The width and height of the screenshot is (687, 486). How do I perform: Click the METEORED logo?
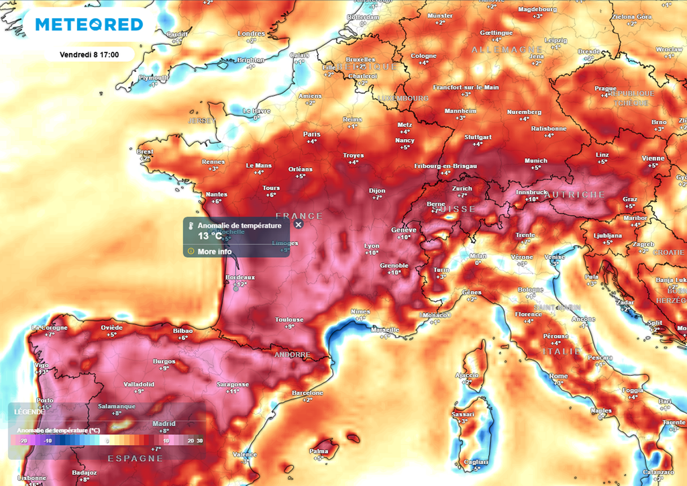click(89, 25)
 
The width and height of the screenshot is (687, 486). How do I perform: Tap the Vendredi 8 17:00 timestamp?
click(89, 54)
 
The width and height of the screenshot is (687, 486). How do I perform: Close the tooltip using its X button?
click(299, 225)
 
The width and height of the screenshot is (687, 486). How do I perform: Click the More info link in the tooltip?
click(214, 252)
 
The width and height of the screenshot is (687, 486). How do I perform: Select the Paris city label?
click(311, 134)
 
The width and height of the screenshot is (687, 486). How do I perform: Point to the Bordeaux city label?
click(240, 277)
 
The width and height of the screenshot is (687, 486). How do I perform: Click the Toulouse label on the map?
click(289, 320)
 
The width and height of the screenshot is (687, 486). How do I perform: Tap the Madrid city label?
click(164, 424)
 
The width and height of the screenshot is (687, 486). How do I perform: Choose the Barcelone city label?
click(307, 393)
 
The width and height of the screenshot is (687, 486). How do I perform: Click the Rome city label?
click(558, 376)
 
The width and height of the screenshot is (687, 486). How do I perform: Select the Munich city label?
click(536, 161)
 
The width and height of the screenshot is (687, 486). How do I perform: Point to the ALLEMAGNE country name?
click(507, 50)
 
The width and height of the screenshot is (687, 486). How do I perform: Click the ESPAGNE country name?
click(136, 458)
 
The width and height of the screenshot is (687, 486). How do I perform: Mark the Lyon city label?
click(372, 246)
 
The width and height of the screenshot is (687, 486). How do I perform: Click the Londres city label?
click(252, 34)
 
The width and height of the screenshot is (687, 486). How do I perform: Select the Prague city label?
click(605, 89)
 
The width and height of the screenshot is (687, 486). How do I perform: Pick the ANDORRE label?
click(292, 354)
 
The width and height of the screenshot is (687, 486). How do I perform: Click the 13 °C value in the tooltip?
click(210, 236)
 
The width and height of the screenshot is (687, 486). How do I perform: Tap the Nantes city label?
click(217, 194)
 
